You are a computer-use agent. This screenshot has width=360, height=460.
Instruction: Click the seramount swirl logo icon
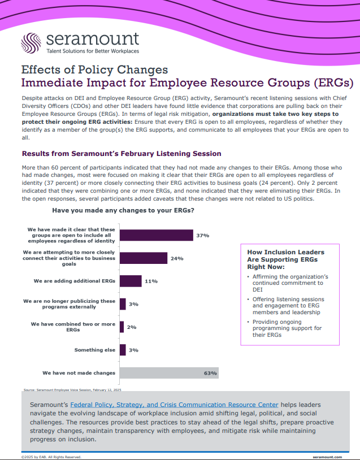(31, 44)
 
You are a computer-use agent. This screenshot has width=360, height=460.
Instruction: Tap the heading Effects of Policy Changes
(94, 70)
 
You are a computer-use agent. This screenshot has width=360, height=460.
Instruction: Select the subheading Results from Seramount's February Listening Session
(121, 154)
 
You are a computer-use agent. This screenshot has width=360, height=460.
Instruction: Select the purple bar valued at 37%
(157, 235)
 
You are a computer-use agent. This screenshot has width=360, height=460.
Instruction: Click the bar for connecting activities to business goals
(144, 258)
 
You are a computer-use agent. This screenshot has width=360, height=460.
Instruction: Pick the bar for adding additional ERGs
(131, 281)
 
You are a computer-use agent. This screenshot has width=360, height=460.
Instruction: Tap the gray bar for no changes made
(169, 373)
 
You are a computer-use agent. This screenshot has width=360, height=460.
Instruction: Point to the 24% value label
(176, 259)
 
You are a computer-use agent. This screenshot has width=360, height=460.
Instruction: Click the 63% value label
(210, 373)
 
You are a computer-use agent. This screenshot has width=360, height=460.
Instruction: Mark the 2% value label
(132, 327)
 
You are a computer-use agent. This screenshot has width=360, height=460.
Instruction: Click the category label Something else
(94, 350)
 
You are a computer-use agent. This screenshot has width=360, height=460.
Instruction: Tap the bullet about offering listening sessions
(288, 306)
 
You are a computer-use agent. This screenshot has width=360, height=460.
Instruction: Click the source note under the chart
(72, 389)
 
